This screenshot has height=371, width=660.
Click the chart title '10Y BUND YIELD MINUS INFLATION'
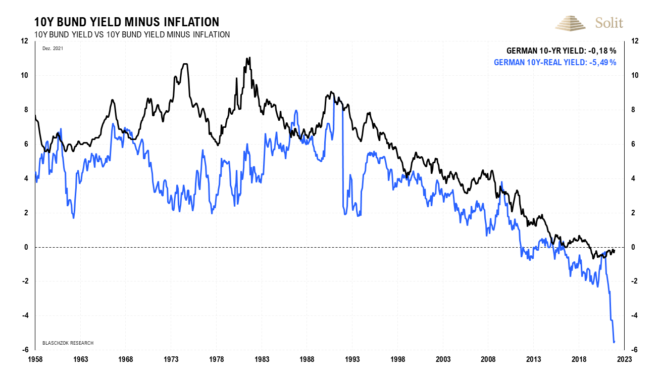tap(126, 22)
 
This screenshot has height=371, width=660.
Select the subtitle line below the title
tap(132, 34)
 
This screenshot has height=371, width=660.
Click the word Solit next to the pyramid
tap(609, 23)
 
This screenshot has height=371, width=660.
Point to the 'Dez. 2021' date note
tap(49, 48)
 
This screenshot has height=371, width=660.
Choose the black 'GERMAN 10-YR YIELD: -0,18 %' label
tap(561, 51)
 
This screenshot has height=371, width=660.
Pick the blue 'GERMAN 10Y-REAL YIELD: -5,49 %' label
tap(554, 62)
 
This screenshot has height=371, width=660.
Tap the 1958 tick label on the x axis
tap(35, 359)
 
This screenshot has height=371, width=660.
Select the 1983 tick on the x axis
tap(262, 359)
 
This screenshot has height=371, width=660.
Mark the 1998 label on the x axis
tap(397, 359)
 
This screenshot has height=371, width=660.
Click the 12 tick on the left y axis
tap(24, 41)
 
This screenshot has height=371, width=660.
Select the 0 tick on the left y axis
tap(26, 247)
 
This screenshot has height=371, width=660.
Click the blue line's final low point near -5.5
tap(614, 342)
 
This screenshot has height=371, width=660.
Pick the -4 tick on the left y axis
tap(25, 315)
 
